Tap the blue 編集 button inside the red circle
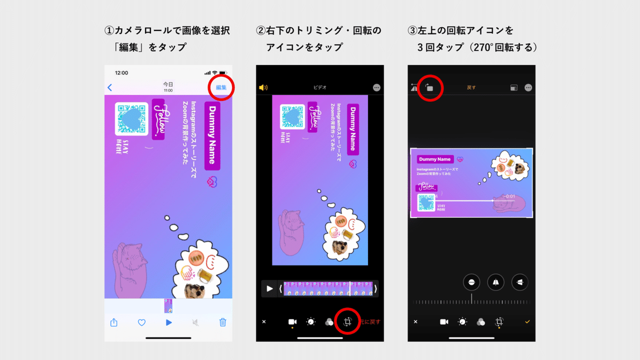pos(221,87)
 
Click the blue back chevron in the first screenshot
pos(110,87)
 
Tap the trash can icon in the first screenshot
pos(223,322)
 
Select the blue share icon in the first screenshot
pos(114,322)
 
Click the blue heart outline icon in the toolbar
pos(141,322)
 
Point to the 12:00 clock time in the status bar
pos(122,73)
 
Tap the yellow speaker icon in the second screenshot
pos(263,87)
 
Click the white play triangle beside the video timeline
pos(269,289)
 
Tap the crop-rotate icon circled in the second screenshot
pos(347,322)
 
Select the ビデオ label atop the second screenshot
pos(320,87)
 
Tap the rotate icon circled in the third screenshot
pos(429,87)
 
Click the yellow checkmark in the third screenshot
pos(527,322)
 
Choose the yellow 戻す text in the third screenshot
pos(471,87)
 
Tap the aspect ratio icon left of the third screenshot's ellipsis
pos(513,87)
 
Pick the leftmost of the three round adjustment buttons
pos(472,282)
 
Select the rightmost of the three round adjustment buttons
pos(519,282)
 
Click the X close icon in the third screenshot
pos(415,322)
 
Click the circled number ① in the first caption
pos(108,31)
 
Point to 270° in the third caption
pos(486,47)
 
